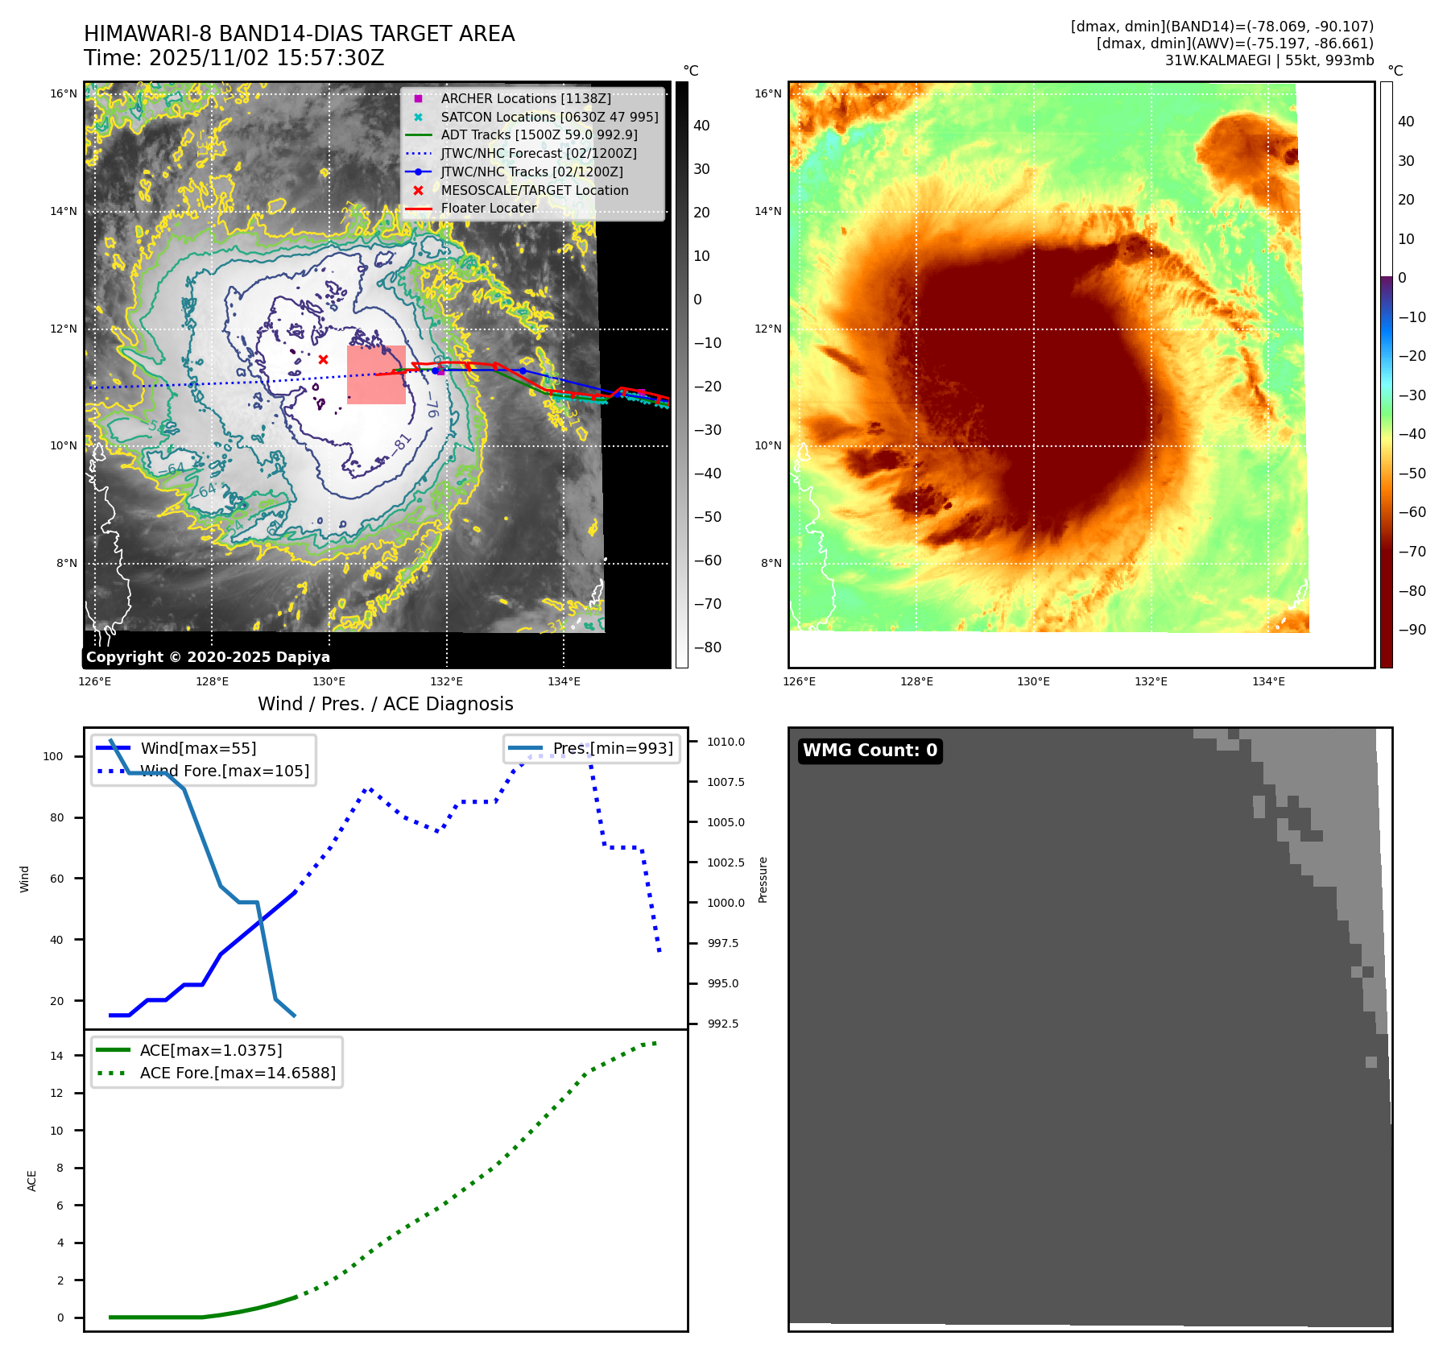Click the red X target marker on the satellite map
(323, 359)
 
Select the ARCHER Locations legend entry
(525, 98)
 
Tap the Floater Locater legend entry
(488, 208)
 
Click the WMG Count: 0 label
(870, 751)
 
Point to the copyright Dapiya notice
(208, 657)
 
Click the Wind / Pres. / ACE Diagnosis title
(385, 704)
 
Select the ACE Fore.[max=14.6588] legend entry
(238, 1073)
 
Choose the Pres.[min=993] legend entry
(612, 748)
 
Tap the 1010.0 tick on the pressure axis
(726, 742)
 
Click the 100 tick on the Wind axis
(53, 756)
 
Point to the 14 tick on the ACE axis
(56, 1056)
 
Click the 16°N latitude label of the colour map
(767, 93)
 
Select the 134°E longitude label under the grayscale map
(564, 681)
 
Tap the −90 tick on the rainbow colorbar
(1412, 630)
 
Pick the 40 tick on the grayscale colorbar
(701, 126)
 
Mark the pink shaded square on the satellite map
(376, 374)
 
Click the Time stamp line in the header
(234, 58)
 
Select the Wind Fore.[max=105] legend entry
(225, 771)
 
